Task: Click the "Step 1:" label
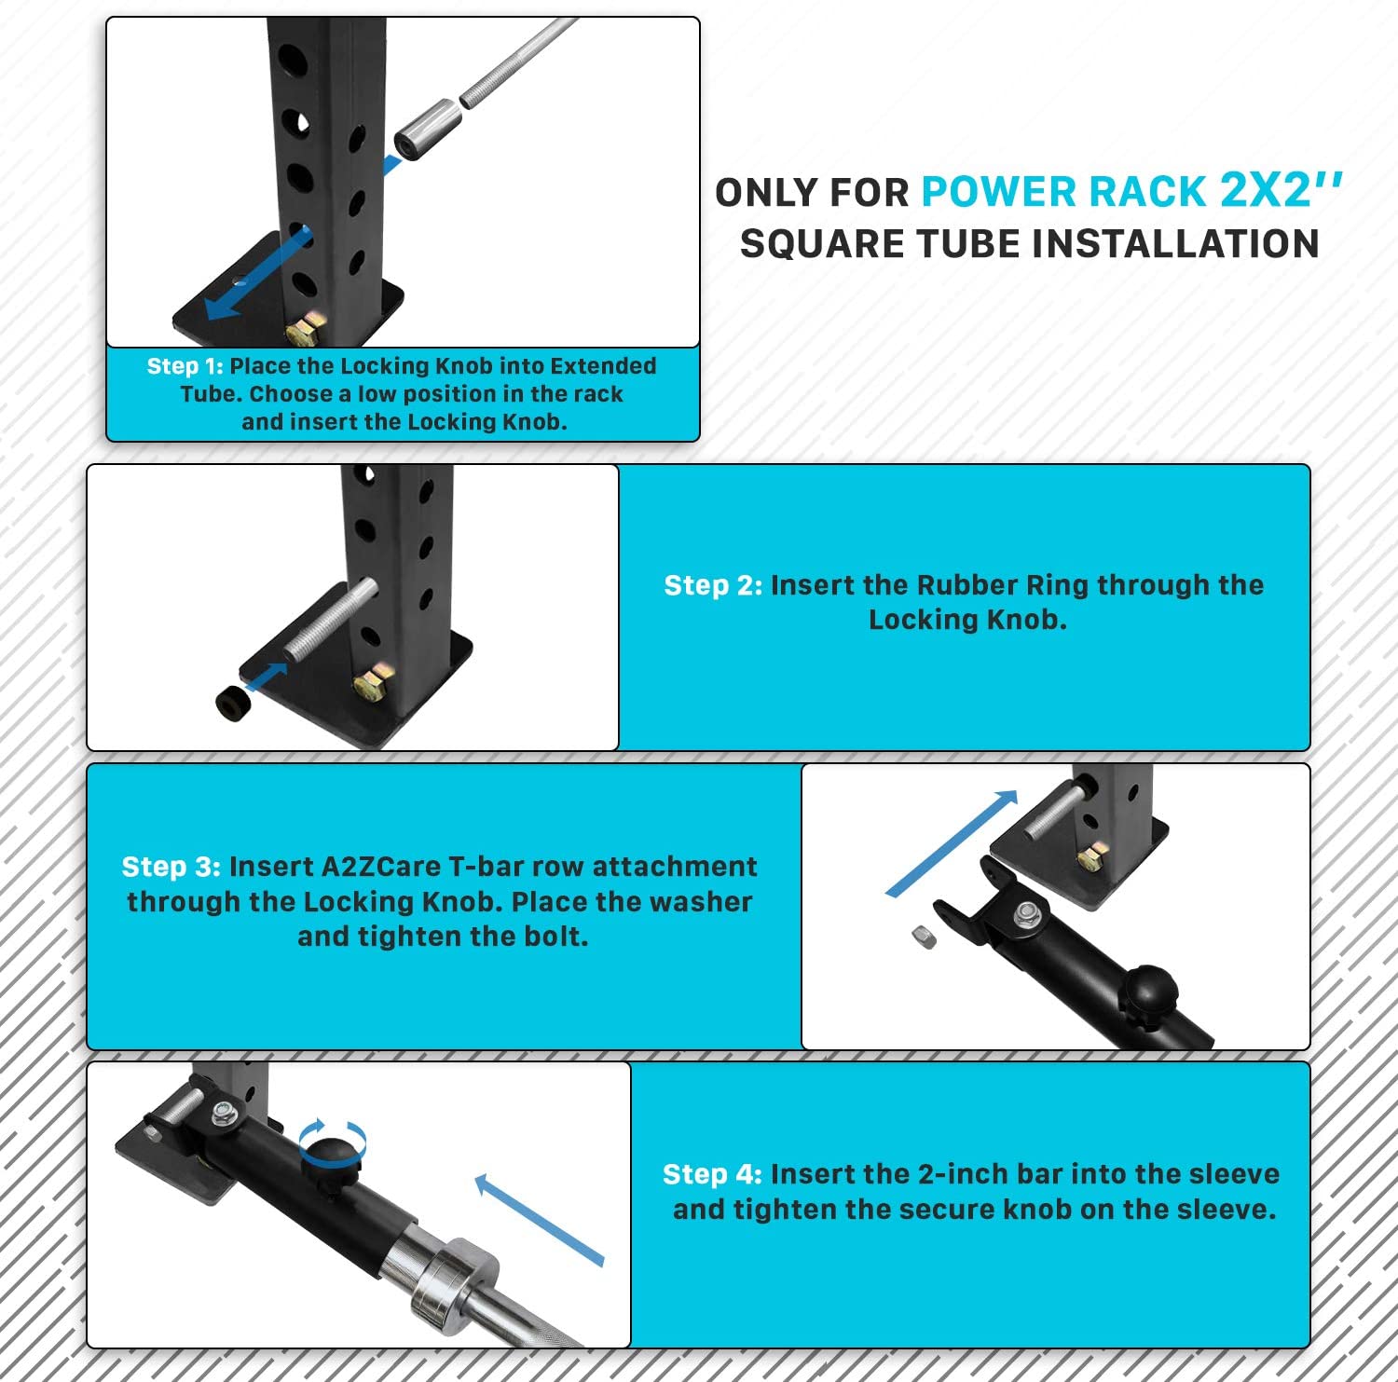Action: pos(185,366)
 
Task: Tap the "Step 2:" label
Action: pos(713,585)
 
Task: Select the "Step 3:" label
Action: pos(171,867)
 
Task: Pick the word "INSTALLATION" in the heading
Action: pos(1175,244)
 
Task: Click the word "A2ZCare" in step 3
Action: pos(381,867)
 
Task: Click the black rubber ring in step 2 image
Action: pos(233,703)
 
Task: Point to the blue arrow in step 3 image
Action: pos(951,843)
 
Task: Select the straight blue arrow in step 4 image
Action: pos(540,1219)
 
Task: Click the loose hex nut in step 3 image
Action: pos(924,937)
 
